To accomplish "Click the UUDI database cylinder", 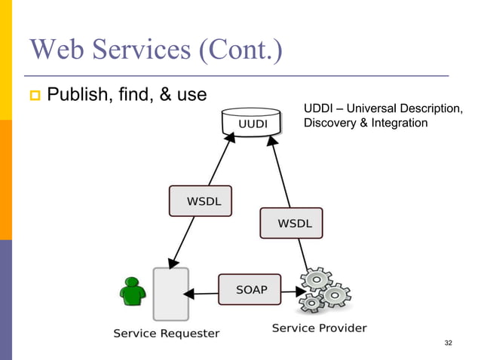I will pos(253,122).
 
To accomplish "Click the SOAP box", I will pos(251,289).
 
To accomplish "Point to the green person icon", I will pos(133,293).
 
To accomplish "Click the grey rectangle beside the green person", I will pos(170,293).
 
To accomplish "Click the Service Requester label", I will pos(167,333).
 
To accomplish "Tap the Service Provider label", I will pos(319,328).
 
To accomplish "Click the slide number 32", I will pos(449,343).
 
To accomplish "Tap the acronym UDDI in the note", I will pos(317,109).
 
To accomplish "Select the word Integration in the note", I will pos(399,124).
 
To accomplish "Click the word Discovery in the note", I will pos(329,124).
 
